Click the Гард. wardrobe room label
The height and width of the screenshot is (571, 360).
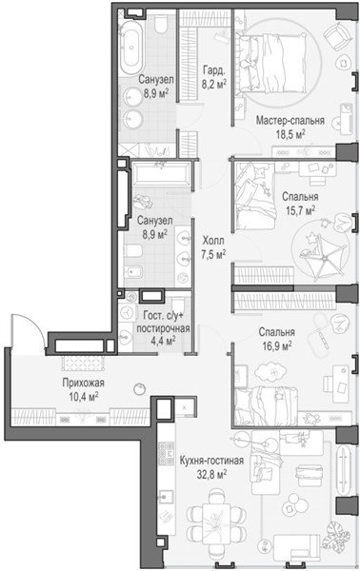tap(213, 69)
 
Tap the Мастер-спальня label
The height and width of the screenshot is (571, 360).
tap(290, 120)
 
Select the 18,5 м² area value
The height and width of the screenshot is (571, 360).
tap(290, 134)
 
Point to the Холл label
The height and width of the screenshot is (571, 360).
tap(213, 241)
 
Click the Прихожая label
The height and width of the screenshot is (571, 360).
tap(83, 383)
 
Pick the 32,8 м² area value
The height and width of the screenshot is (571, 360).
tap(212, 475)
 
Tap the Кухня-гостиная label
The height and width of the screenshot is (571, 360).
tap(211, 461)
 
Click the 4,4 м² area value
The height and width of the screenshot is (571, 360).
tap(164, 341)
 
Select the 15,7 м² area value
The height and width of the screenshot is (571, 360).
tap(301, 210)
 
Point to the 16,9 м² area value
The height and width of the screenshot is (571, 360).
tap(277, 345)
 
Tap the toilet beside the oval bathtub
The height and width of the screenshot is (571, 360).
tap(160, 24)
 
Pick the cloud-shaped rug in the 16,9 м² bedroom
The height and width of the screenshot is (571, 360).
tap(270, 372)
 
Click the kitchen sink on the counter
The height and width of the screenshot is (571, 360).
tap(167, 497)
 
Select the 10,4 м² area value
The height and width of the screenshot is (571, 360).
tap(84, 397)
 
